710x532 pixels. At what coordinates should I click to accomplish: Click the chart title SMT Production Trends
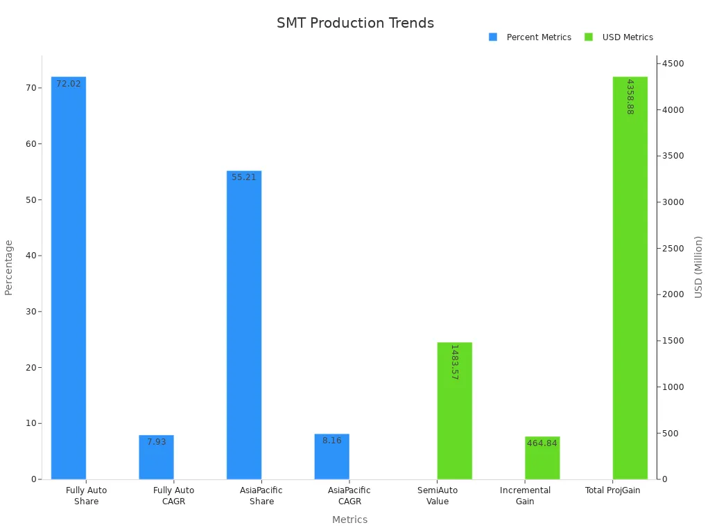355,23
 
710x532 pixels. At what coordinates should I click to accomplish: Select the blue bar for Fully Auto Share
69,277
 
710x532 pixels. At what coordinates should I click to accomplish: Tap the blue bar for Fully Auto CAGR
156,457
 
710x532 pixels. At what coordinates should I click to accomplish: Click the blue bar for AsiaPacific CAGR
331,456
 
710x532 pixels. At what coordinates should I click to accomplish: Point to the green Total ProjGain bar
630,277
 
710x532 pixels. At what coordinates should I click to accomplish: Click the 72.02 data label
69,84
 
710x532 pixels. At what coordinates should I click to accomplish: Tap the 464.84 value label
542,443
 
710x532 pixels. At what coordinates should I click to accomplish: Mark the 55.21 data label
244,177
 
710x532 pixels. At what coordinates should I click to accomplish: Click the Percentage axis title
9,267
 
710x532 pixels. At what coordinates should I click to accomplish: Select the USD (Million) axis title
698,267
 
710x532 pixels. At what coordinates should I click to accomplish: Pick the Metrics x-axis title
349,520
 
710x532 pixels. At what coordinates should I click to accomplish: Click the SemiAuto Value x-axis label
438,496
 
